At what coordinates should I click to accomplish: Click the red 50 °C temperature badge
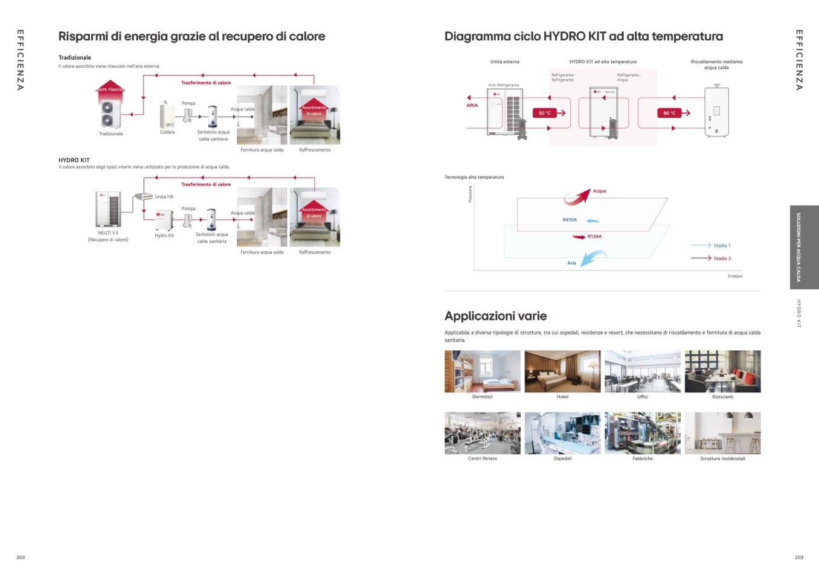544,113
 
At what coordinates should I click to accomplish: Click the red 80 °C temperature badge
669,113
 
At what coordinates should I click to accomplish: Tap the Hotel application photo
562,371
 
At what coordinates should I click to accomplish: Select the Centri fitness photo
482,433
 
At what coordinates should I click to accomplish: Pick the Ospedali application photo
562,433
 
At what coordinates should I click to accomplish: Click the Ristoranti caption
722,397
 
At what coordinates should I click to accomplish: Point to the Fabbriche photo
642,433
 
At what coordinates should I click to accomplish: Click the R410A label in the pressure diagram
570,220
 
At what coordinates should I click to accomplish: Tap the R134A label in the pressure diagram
594,237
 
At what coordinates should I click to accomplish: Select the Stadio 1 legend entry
721,246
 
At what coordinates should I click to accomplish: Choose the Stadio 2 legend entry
721,258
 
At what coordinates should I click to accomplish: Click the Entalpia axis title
734,276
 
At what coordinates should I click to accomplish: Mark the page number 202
21,557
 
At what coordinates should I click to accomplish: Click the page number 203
799,557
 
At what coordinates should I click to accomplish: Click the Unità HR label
164,197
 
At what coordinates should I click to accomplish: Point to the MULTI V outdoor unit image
108,209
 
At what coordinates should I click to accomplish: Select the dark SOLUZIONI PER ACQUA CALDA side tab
804,247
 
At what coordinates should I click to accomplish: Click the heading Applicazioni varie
495,316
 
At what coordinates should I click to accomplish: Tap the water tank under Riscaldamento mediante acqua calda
716,112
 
